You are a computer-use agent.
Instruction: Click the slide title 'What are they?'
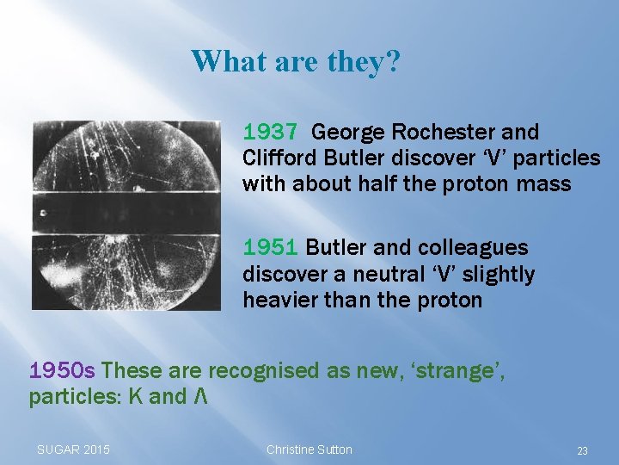(295, 61)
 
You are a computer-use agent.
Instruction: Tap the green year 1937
(270, 133)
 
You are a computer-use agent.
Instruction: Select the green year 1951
(270, 248)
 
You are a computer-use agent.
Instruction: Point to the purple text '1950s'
(62, 371)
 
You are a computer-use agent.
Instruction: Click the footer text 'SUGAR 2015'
(73, 449)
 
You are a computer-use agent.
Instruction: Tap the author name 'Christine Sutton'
(309, 449)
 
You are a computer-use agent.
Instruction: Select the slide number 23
(582, 450)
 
